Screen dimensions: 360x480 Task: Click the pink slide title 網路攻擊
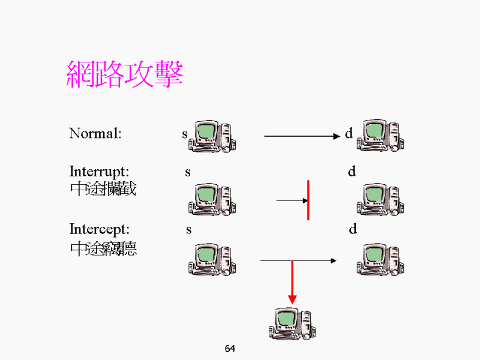(124, 74)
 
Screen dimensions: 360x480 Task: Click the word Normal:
(95, 133)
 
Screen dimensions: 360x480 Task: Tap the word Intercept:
(99, 229)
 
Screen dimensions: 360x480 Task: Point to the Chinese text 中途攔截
(103, 190)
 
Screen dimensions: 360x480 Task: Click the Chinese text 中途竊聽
(103, 248)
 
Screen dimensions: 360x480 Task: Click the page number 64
(230, 349)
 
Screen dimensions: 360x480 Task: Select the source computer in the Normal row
(212, 136)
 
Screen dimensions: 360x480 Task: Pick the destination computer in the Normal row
(380, 136)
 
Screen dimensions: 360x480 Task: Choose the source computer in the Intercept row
(212, 259)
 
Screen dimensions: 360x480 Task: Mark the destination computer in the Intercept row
(380, 259)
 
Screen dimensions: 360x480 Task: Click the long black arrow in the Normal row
(302, 136)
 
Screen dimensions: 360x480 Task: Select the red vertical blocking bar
(308, 200)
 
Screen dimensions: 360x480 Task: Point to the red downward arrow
(292, 282)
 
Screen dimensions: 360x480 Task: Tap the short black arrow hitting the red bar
(292, 200)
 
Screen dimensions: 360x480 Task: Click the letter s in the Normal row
(185, 134)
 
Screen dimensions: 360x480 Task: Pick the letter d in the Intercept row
(353, 229)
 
